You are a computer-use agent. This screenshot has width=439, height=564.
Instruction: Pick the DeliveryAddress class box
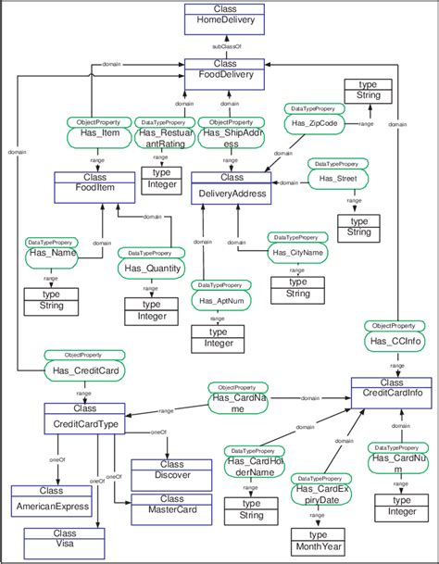tap(232, 188)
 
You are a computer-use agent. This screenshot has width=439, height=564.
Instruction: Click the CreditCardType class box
tap(85, 418)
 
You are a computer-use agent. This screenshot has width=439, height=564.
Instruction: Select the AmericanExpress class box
tap(52, 500)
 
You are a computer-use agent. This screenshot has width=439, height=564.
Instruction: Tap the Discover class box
tap(172, 470)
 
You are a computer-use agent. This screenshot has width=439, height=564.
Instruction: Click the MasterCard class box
tap(172, 505)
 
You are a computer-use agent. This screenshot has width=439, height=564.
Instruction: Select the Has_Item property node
tap(94, 133)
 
